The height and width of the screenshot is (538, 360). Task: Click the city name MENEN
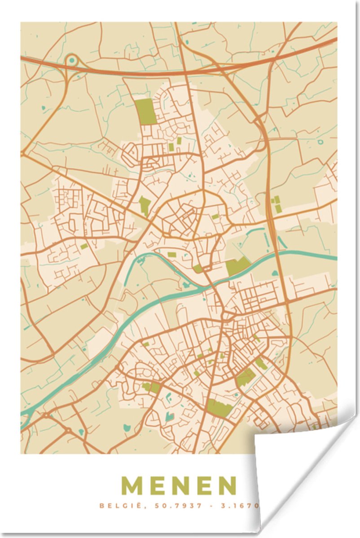(x=179, y=486)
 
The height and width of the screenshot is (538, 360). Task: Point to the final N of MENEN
(x=227, y=486)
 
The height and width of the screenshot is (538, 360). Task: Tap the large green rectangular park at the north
(x=145, y=111)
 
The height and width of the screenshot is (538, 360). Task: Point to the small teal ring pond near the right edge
(x=320, y=142)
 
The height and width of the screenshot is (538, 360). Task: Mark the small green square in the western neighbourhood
(x=84, y=246)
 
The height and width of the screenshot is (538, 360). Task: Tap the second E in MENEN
(x=202, y=486)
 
